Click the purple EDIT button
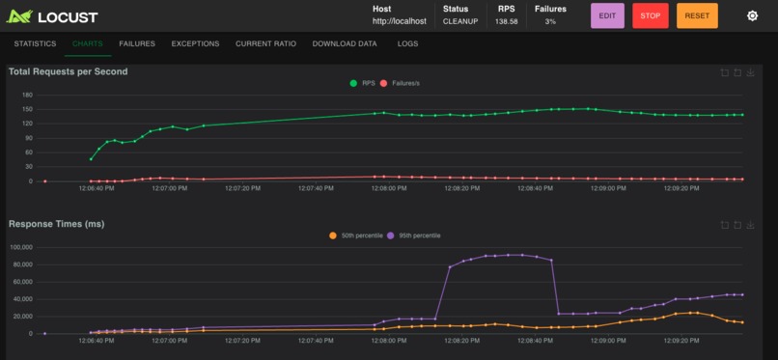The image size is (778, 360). pyautogui.click(x=607, y=15)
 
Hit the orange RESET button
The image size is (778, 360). pyautogui.click(x=696, y=15)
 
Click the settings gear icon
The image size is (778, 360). pyautogui.click(x=752, y=15)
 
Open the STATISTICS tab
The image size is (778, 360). pyautogui.click(x=35, y=43)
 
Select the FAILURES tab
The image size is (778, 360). pyautogui.click(x=136, y=43)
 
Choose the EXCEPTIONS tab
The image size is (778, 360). pyautogui.click(x=195, y=43)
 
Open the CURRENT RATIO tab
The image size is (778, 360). pyautogui.click(x=265, y=43)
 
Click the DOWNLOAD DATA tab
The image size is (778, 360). pyautogui.click(x=345, y=43)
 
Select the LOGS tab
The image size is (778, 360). pyautogui.click(x=407, y=43)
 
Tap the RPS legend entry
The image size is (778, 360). pyautogui.click(x=363, y=83)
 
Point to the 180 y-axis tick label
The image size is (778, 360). pyautogui.click(x=27, y=95)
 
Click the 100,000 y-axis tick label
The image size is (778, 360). pyautogui.click(x=20, y=247)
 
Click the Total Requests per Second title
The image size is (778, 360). pyautogui.click(x=68, y=71)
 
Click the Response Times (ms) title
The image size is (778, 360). pyautogui.click(x=56, y=224)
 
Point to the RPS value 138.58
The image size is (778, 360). pyautogui.click(x=506, y=21)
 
